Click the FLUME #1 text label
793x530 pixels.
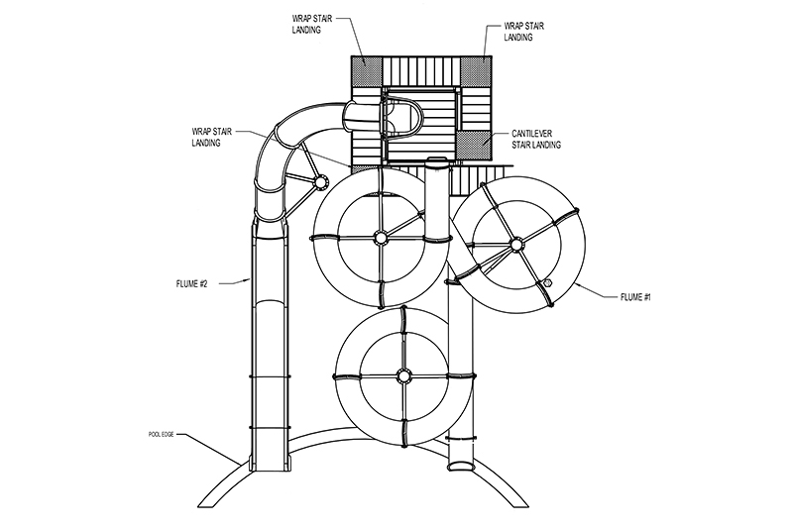coord(635,297)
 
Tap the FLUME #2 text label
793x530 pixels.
coord(191,284)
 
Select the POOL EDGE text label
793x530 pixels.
coord(161,435)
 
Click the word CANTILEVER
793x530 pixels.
coord(531,134)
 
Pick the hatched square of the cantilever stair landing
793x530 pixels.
coord(476,146)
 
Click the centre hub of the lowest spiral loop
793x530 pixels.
coord(403,375)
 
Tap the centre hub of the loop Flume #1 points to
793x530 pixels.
coord(515,245)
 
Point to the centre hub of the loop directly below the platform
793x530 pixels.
coord(380,237)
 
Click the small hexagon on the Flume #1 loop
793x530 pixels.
coord(547,282)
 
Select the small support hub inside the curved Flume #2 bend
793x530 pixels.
coord(319,182)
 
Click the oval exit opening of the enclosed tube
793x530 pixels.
coord(461,466)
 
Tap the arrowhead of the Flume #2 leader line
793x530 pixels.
coord(249,279)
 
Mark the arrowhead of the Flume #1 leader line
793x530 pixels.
coord(577,285)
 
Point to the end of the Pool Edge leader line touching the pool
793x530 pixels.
coord(240,464)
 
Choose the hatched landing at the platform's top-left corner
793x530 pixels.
coord(366,70)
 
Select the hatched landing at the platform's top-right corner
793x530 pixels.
coord(476,70)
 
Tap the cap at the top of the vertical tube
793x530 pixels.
coord(437,161)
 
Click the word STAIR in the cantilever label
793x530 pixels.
coord(523,145)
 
